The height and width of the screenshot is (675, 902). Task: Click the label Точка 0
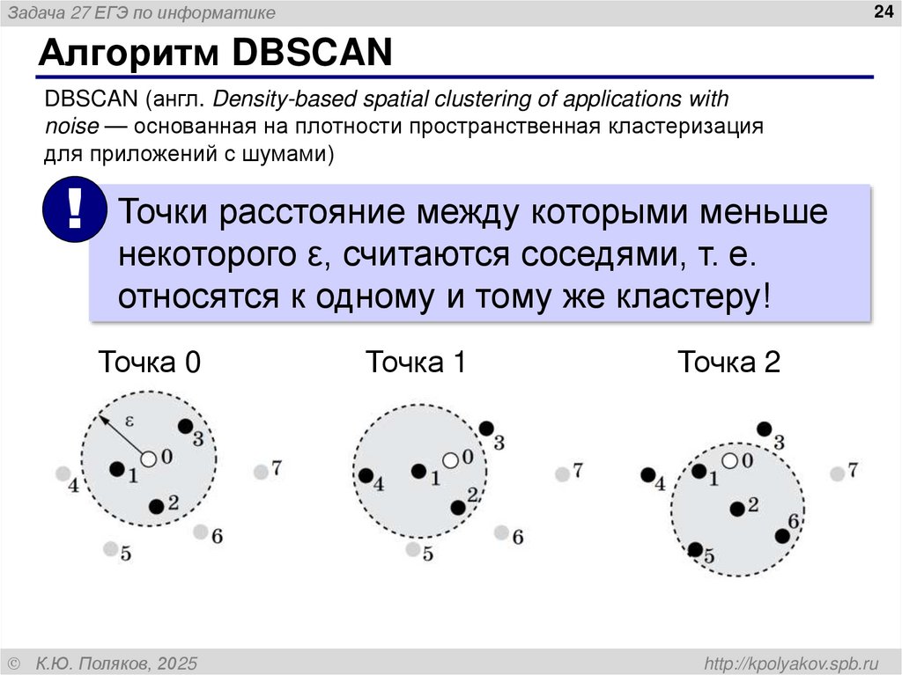point(149,363)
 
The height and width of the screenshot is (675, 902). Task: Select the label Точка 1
point(415,363)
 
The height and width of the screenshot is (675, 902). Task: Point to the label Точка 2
point(728,363)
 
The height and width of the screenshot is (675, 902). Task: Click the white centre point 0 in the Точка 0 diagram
point(148,458)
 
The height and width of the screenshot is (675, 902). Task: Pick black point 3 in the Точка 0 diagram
point(185,426)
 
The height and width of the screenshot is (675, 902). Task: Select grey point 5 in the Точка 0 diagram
point(109,549)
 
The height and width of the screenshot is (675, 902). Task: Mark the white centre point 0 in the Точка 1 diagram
point(450,459)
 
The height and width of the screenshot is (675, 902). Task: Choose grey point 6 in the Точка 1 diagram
point(501,532)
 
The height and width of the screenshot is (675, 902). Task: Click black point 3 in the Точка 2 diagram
point(764,429)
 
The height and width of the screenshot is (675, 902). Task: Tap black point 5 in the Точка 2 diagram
point(695,550)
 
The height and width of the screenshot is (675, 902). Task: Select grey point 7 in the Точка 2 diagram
point(837,473)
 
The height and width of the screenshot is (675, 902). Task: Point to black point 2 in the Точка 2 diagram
point(736,508)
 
